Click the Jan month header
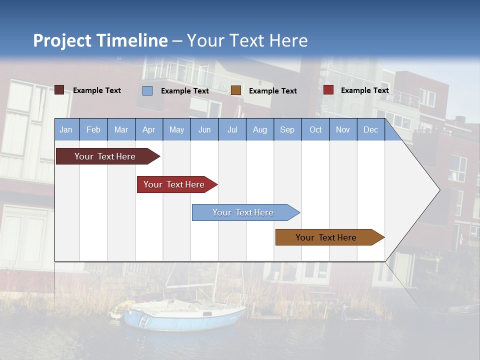(x=66, y=129)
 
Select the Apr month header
(x=149, y=129)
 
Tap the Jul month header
(x=232, y=129)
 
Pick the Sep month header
(x=287, y=129)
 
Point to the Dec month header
(x=370, y=129)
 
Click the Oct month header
(x=315, y=129)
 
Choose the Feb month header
(x=93, y=129)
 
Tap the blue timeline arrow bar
(x=243, y=212)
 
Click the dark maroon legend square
(x=59, y=90)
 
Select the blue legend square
(x=147, y=90)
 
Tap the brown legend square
(x=236, y=90)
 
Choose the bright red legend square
(x=328, y=90)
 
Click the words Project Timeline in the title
(x=100, y=40)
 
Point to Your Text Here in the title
(x=247, y=40)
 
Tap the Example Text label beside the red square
(x=364, y=90)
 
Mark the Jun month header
(x=204, y=129)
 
